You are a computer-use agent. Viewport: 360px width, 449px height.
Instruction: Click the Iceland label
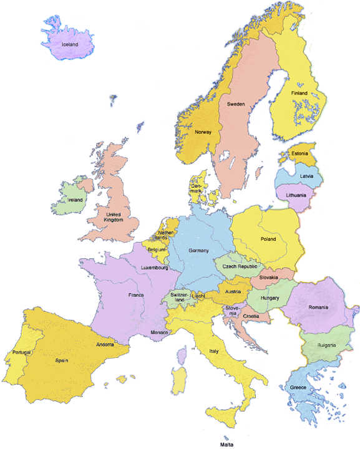click(x=70, y=45)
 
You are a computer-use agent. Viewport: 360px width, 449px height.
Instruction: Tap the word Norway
click(x=203, y=132)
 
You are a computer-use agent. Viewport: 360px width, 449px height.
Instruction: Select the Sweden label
click(x=235, y=103)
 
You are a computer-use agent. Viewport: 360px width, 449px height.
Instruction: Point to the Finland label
click(x=301, y=94)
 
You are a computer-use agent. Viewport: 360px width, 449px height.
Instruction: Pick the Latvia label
click(x=307, y=176)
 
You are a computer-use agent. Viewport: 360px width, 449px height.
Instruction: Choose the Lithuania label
click(x=296, y=195)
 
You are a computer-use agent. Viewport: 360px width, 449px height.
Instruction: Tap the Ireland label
click(x=75, y=200)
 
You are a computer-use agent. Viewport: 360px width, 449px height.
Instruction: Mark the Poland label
click(x=268, y=239)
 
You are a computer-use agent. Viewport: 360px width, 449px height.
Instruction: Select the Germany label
click(x=198, y=250)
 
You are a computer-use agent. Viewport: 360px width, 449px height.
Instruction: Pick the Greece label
click(x=298, y=387)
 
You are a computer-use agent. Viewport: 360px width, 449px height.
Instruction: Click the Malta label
click(x=226, y=445)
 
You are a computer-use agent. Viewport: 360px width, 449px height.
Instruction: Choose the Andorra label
click(x=104, y=344)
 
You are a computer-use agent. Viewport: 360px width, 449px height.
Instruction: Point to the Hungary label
click(x=270, y=298)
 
